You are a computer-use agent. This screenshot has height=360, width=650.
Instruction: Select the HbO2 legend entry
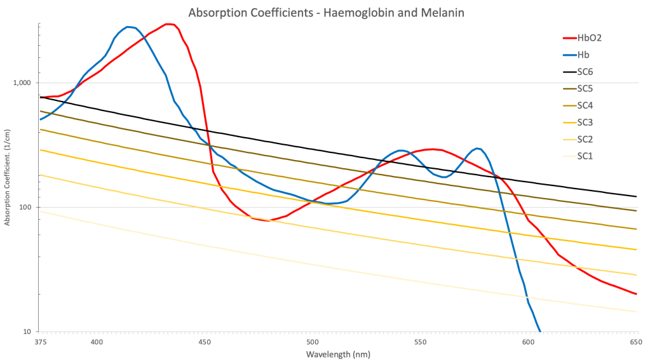(589, 37)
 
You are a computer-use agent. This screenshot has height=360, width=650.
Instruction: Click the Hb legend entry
(584, 55)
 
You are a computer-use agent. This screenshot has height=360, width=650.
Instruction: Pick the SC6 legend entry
(585, 72)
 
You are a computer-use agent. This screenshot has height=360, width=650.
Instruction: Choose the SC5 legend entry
(585, 88)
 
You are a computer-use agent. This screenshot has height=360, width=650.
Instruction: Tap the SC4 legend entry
(585, 105)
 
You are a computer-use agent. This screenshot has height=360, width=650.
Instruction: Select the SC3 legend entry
(585, 122)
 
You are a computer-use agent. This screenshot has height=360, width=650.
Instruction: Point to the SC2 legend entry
(585, 139)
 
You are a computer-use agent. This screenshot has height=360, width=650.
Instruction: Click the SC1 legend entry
(585, 156)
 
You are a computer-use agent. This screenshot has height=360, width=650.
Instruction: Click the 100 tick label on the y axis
(27, 208)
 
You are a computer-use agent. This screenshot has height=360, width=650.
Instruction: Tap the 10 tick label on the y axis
(29, 331)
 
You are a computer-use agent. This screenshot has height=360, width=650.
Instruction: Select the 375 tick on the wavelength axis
(40, 342)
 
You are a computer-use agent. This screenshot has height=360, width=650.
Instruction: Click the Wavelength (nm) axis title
(338, 354)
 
